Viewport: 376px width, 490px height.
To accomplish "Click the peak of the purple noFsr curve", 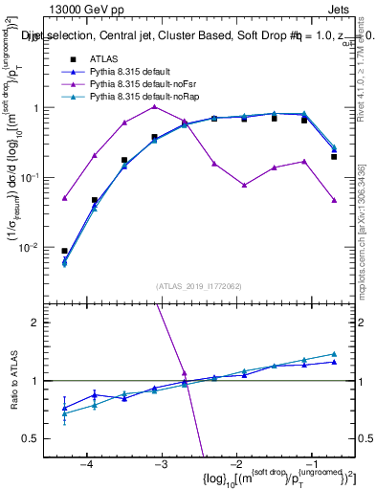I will click(x=154, y=106).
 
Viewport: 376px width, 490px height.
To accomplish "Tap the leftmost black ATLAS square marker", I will click(x=64, y=251).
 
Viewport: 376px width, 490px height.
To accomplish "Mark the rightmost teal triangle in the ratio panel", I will click(x=334, y=354).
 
